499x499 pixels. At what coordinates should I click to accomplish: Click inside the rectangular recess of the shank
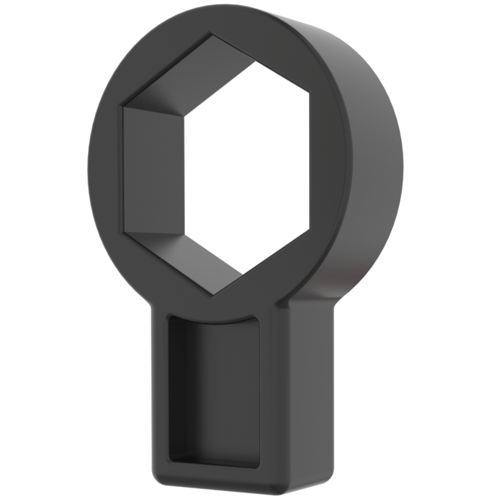point(215,389)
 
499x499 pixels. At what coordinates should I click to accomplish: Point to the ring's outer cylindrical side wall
point(369,150)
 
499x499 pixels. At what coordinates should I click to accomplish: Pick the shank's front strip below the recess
point(215,477)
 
